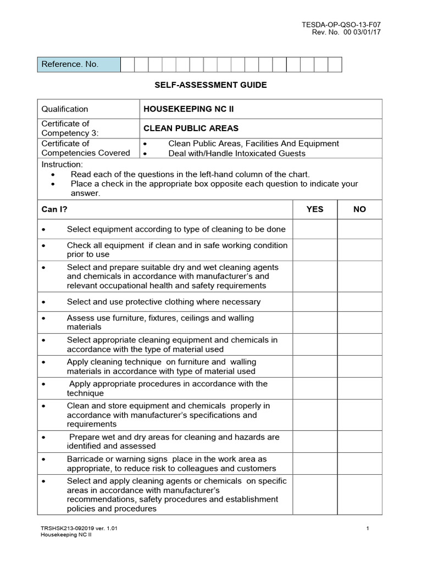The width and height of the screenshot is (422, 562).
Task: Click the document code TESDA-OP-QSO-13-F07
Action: (341, 24)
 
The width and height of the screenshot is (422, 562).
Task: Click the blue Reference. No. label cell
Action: (79, 64)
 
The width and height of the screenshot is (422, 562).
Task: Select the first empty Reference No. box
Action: (127, 64)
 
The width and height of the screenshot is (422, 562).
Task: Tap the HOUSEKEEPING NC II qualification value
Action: (181, 109)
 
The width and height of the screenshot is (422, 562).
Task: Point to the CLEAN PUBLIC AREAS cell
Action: (191, 128)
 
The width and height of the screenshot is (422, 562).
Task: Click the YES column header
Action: (314, 209)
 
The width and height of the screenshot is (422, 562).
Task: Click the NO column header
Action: (359, 209)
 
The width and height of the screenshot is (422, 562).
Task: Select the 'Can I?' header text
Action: (54, 209)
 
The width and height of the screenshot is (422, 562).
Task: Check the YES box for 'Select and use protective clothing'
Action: (314, 302)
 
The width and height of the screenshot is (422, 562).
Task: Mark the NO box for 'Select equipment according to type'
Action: (359, 229)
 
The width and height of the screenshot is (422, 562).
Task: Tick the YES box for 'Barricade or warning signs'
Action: (314, 464)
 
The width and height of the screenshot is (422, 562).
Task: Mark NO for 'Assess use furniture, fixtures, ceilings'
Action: (359, 322)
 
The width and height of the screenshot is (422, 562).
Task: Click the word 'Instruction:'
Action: (62, 164)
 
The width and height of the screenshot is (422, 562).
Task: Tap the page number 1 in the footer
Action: (367, 529)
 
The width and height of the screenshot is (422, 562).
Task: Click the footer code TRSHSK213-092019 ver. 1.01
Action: (79, 529)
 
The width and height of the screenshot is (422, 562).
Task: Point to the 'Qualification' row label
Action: (65, 109)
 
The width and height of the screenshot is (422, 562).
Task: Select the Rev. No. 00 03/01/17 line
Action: (346, 32)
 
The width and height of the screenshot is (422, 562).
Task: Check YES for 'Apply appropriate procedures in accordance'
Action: (314, 389)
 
